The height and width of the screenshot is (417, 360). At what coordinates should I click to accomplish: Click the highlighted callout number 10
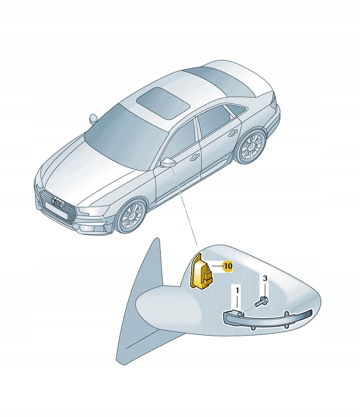(228, 266)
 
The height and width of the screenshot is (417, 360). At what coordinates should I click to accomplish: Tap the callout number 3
(265, 278)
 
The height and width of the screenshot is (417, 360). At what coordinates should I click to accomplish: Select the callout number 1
(237, 291)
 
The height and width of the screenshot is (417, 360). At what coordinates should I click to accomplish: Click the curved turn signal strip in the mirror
(267, 318)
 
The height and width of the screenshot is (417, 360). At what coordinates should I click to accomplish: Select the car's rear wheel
(251, 147)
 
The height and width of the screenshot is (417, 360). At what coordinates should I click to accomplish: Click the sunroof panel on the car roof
(163, 101)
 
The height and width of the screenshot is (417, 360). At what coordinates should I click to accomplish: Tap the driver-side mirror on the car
(168, 162)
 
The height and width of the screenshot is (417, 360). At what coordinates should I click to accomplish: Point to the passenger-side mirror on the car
(93, 118)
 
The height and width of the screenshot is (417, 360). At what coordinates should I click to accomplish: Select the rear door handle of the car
(234, 132)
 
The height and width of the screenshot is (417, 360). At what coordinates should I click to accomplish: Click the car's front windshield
(126, 136)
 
